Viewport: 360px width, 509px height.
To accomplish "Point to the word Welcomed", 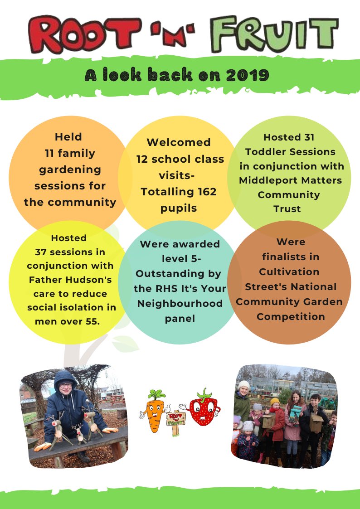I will pos(179,142).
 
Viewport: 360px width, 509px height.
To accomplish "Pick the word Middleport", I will pos(267,180).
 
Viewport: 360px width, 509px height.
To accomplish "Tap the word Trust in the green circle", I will pos(287,209).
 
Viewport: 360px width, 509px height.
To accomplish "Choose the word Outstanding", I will pos(179,274).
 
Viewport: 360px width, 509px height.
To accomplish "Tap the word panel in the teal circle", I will pos(180,319).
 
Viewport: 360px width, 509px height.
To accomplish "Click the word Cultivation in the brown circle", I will pos(289,271).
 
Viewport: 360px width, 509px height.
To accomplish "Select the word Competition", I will pos(291,316).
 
